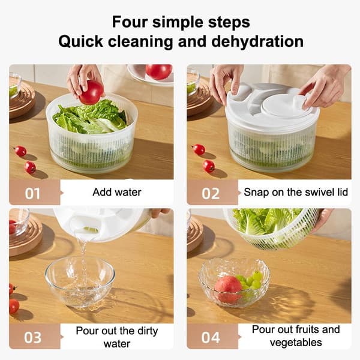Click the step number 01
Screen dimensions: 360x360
(32, 194)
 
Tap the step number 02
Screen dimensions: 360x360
(211, 194)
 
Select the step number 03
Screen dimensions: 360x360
(33, 337)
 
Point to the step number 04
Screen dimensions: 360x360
(211, 337)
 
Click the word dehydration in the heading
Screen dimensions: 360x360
(257, 41)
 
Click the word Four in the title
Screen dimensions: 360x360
(130, 22)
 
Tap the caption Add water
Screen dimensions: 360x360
(117, 192)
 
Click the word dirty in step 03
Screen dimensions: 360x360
(148, 331)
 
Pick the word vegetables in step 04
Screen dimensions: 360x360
(296, 343)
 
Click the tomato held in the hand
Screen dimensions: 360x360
(91, 92)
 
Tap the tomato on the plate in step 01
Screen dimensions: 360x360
(159, 71)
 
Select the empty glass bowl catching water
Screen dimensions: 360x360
(80, 282)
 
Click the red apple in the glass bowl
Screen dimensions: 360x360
(228, 289)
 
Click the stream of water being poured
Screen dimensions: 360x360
(83, 253)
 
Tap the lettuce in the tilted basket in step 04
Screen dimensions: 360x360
(266, 221)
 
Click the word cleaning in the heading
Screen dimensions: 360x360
(140, 42)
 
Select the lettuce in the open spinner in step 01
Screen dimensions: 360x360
(90, 118)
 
